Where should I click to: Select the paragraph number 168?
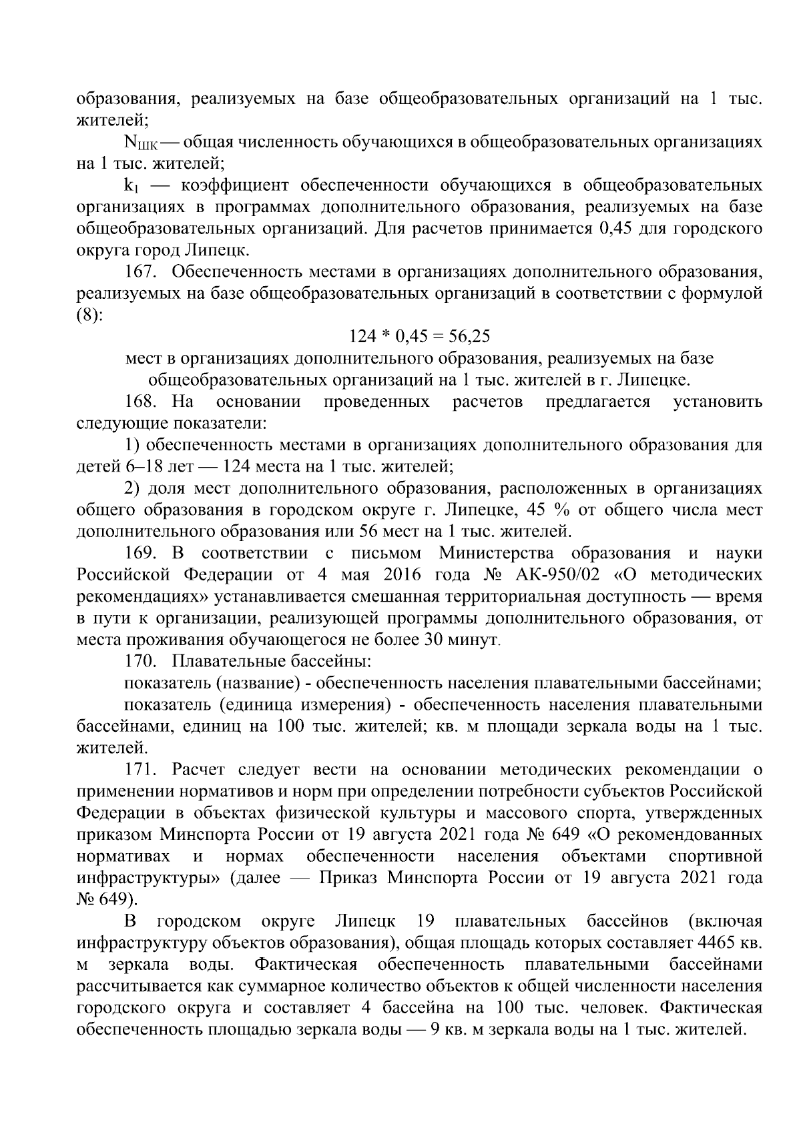pos(140,402)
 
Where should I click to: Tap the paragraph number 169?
pos(140,553)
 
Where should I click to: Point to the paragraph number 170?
pos(140,662)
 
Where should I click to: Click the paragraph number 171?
pos(140,770)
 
